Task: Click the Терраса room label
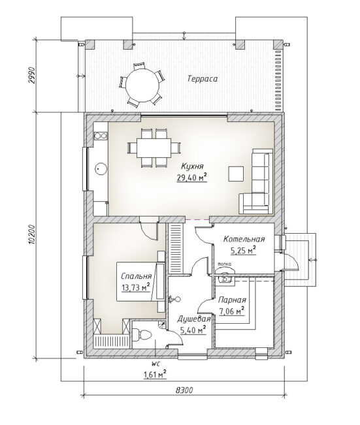coord(203,79)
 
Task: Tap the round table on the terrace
coord(142,84)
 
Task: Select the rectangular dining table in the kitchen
coord(154,148)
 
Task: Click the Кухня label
coord(192,166)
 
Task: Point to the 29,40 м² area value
coord(192,178)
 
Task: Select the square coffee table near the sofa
coord(236,174)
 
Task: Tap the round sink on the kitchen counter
coord(101,169)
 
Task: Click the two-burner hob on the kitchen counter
coord(100,135)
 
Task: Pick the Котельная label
coord(244,240)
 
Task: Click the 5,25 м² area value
coord(243,251)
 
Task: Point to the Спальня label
coord(136,276)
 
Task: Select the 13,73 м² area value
coord(136,287)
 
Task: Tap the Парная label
coord(232,300)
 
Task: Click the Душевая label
coord(193,319)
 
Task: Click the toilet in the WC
coord(141,335)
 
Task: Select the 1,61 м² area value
coord(155,375)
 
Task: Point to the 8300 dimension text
coord(184,390)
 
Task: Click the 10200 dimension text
coord(32,234)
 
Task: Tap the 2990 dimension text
coord(32,75)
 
